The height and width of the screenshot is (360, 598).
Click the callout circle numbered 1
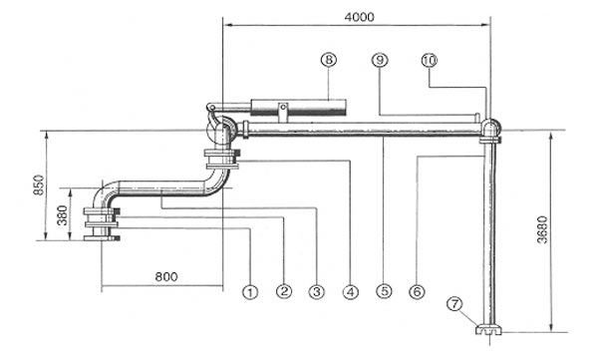click(250, 292)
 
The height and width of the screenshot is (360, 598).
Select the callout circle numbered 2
click(284, 291)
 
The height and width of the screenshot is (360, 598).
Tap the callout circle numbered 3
click(317, 292)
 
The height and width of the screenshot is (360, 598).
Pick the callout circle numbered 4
click(351, 292)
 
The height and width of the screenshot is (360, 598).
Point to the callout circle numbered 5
click(384, 291)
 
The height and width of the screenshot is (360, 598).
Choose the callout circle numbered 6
click(417, 292)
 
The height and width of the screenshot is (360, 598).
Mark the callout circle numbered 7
click(454, 304)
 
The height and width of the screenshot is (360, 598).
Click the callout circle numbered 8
click(329, 60)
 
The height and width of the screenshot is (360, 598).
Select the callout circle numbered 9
click(380, 60)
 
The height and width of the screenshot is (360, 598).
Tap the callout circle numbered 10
click(430, 60)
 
